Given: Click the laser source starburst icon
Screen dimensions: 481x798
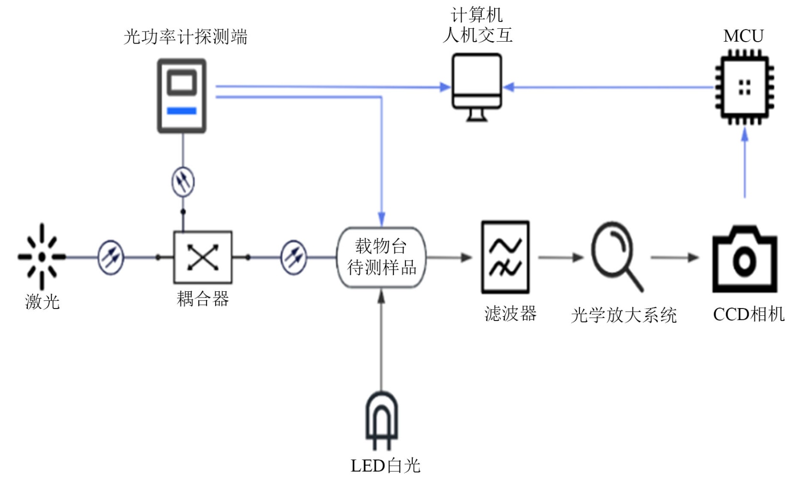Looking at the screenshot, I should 42,257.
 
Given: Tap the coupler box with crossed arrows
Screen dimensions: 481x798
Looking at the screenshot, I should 203,257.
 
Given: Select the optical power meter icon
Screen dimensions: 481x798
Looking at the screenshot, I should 182,96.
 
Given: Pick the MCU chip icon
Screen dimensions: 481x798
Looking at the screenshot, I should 744,88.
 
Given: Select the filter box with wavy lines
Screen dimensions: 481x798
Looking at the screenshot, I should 505,257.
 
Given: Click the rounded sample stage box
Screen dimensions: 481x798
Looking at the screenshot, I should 382,257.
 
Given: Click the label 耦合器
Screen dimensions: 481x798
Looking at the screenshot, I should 203,299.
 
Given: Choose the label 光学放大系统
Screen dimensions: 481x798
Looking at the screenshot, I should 624,315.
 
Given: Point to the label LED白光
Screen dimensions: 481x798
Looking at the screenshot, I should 385,466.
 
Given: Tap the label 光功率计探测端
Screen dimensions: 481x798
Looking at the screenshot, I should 185,37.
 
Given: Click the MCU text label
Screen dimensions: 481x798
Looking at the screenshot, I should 743,36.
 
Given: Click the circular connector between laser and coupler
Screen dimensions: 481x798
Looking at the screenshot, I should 111,257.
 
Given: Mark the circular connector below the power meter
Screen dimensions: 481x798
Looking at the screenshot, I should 183,182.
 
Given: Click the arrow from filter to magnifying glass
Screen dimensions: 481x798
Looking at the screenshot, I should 560,257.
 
